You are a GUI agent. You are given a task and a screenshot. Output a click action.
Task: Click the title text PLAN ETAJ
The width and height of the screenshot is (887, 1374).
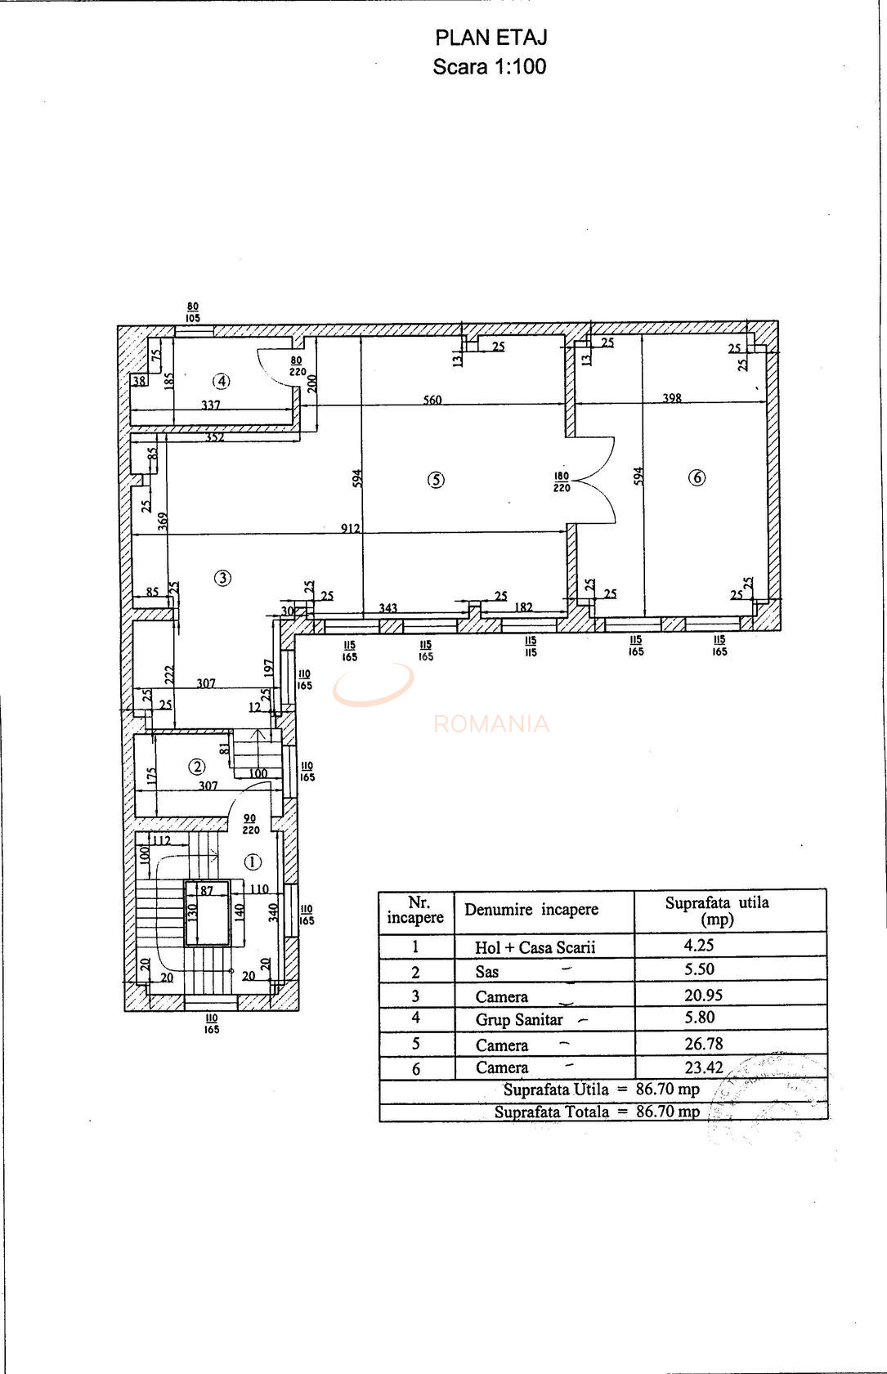(x=491, y=38)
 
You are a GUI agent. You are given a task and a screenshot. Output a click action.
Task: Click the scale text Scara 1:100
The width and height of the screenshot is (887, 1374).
(x=490, y=67)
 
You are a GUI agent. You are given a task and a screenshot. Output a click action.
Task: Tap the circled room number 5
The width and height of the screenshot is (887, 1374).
(x=436, y=481)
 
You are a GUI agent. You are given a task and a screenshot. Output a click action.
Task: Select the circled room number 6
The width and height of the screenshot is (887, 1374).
(x=697, y=477)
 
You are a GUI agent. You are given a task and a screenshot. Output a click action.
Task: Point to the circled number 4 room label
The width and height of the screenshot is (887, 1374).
(x=221, y=381)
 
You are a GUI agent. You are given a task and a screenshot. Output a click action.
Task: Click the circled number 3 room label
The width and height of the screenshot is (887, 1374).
(x=222, y=578)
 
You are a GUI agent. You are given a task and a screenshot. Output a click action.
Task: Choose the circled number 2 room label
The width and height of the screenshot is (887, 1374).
(x=197, y=767)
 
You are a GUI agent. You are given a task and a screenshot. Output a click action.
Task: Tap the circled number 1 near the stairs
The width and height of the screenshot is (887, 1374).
(x=253, y=862)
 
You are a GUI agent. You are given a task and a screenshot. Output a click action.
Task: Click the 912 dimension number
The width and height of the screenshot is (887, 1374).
(x=350, y=528)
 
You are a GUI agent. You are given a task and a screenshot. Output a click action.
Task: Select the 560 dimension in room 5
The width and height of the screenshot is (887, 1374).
(x=432, y=400)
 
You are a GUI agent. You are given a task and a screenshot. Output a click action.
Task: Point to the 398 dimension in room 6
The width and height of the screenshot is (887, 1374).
(x=672, y=398)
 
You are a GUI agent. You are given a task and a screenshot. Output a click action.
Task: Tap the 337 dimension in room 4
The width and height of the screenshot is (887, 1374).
(x=210, y=405)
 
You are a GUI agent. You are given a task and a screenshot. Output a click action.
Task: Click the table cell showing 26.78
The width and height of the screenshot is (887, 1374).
(x=703, y=1044)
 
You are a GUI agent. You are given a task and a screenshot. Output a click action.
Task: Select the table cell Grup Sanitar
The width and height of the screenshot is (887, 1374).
(x=519, y=1019)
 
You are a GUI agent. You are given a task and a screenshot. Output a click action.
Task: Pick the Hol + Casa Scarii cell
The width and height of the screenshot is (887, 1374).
(x=535, y=947)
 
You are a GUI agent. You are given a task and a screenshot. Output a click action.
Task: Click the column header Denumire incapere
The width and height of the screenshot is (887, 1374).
(x=531, y=910)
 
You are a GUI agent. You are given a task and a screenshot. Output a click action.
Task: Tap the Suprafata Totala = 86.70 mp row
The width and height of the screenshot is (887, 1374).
(x=597, y=1112)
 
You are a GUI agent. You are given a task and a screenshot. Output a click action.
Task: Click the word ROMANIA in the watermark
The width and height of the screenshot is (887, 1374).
(x=491, y=724)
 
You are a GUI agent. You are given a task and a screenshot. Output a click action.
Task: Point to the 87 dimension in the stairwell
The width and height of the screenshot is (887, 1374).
(x=207, y=890)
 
